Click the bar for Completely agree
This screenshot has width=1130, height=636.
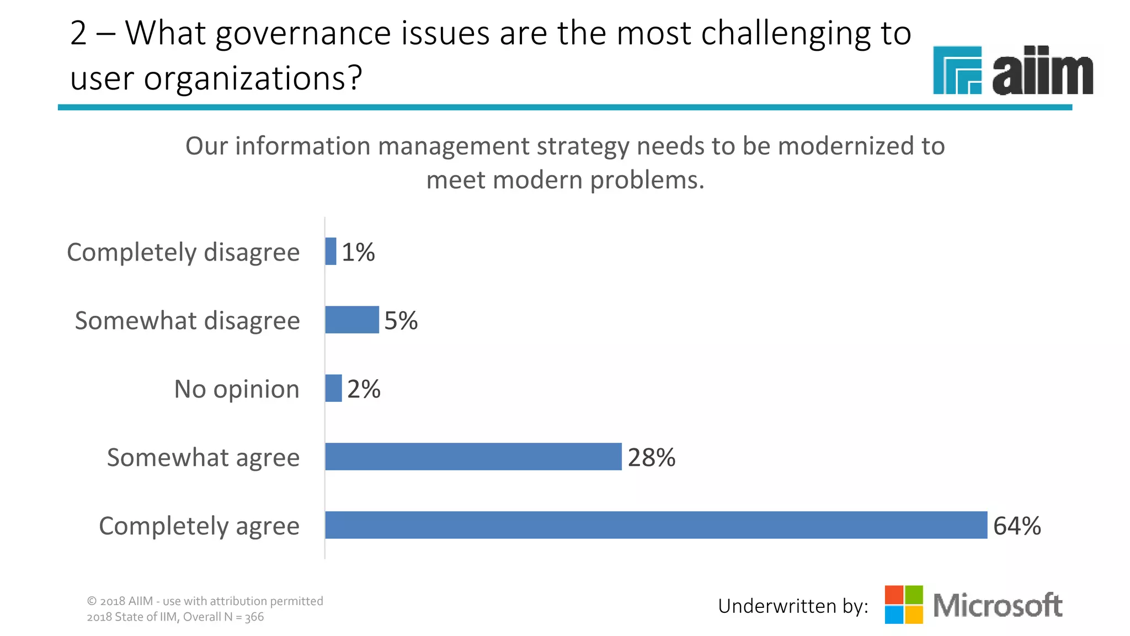pos(655,525)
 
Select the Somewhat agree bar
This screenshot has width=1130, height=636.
pos(473,457)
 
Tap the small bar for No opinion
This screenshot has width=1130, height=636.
pos(333,388)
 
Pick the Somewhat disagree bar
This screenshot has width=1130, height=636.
pos(352,320)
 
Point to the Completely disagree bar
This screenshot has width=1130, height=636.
pos(331,251)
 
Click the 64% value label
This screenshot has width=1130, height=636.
pos(1017,526)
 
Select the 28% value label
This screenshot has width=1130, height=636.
pos(651,457)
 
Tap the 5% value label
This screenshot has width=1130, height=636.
pos(401,320)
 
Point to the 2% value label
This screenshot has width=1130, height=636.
pos(364,389)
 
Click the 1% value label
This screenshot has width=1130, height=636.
pos(358,252)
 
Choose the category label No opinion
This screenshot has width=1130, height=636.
pos(237,389)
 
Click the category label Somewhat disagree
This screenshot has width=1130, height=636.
pos(187,320)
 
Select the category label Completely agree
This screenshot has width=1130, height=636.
pos(199,526)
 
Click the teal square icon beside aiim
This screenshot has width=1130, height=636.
pos(957,70)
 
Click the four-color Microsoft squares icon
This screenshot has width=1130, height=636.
pos(904,605)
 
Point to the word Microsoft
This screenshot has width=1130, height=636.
pos(998,605)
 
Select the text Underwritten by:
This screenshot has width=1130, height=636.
pos(793,606)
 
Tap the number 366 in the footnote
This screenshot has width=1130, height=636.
pos(254,617)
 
